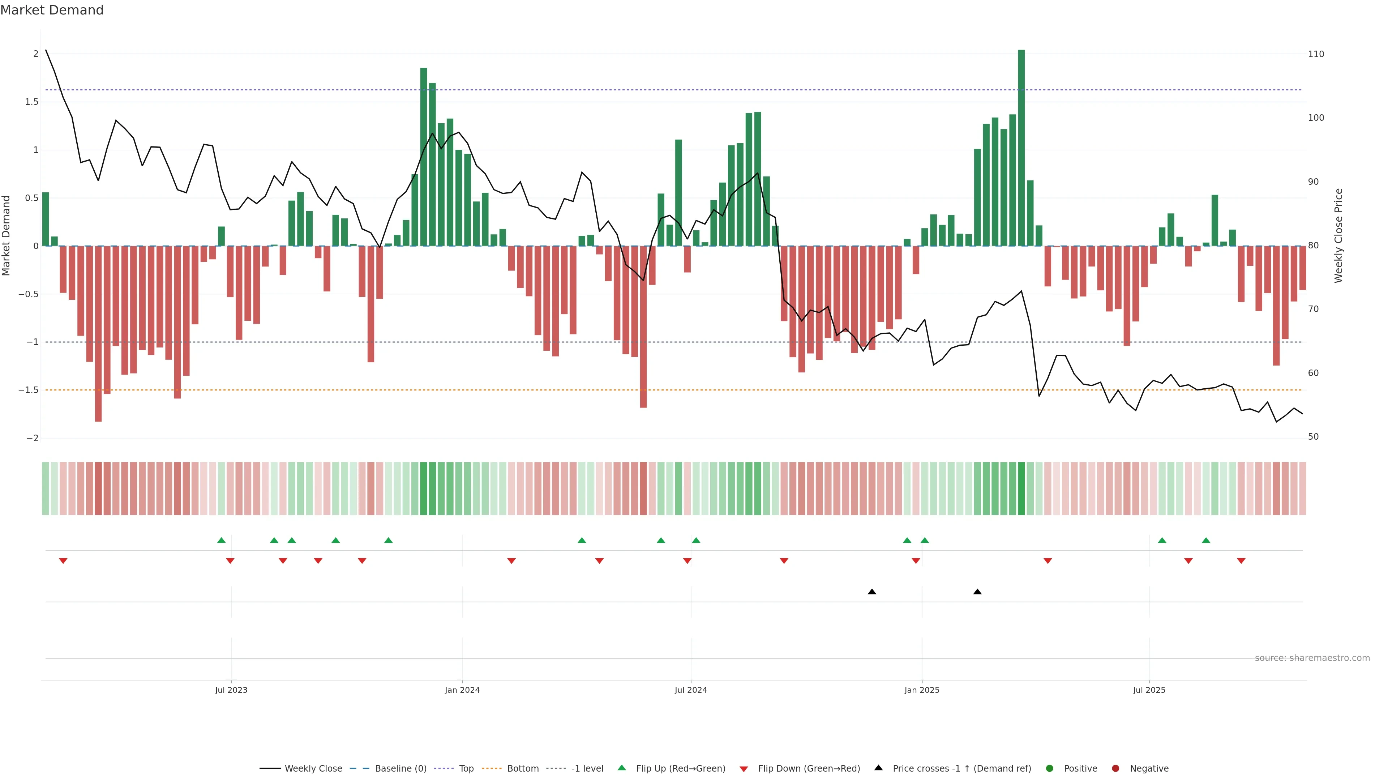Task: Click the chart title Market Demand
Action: tap(52, 10)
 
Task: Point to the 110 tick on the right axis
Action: tap(1316, 54)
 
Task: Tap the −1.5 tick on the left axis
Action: tap(29, 390)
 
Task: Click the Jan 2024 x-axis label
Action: tap(462, 690)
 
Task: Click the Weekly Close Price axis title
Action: tap(1338, 235)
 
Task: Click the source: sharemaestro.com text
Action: tap(1312, 658)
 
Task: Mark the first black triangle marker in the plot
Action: tap(872, 592)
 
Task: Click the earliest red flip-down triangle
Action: tap(63, 561)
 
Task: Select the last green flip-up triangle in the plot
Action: tap(1206, 540)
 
